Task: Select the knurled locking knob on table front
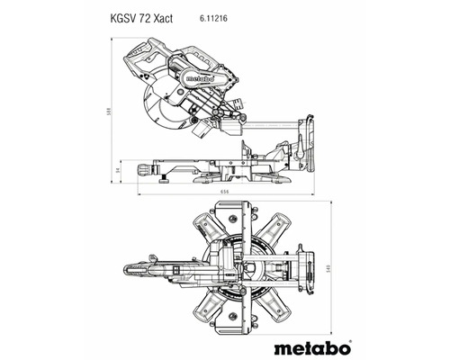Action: [x=144, y=168]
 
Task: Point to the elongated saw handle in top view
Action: [x=148, y=269]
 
